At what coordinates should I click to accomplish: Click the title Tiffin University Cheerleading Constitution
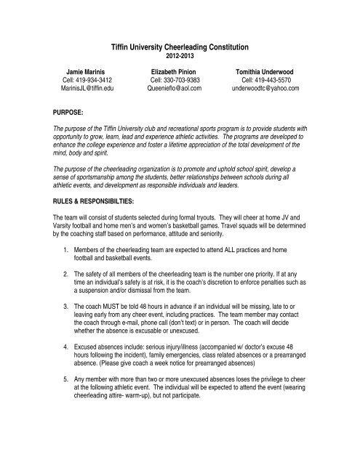click(180, 46)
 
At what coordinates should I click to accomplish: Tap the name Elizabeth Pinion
click(180, 73)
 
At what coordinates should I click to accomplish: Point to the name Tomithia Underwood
click(279, 73)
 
